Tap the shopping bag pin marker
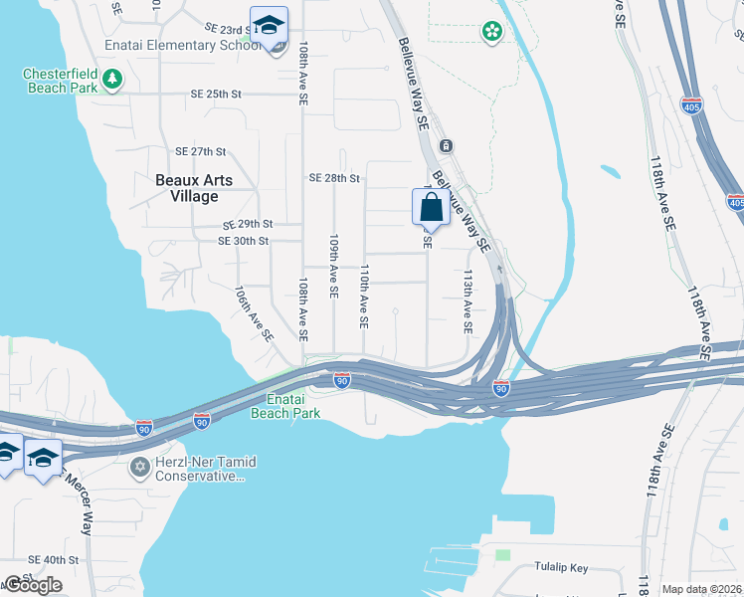coord(431,209)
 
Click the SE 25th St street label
coord(216,95)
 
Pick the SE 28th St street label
coord(333,178)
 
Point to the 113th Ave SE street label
coord(465,299)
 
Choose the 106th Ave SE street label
coord(254,315)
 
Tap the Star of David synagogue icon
coord(140,466)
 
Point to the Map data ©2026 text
coord(701,589)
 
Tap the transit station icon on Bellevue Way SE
coord(447,146)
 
